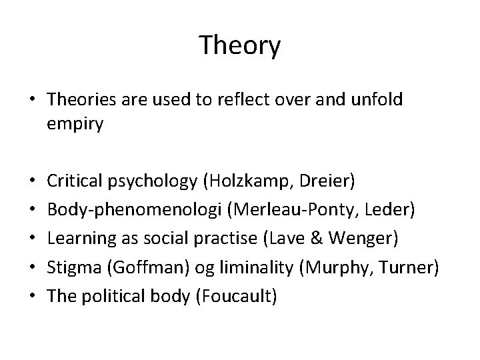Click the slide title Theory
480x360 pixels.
coord(240,45)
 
